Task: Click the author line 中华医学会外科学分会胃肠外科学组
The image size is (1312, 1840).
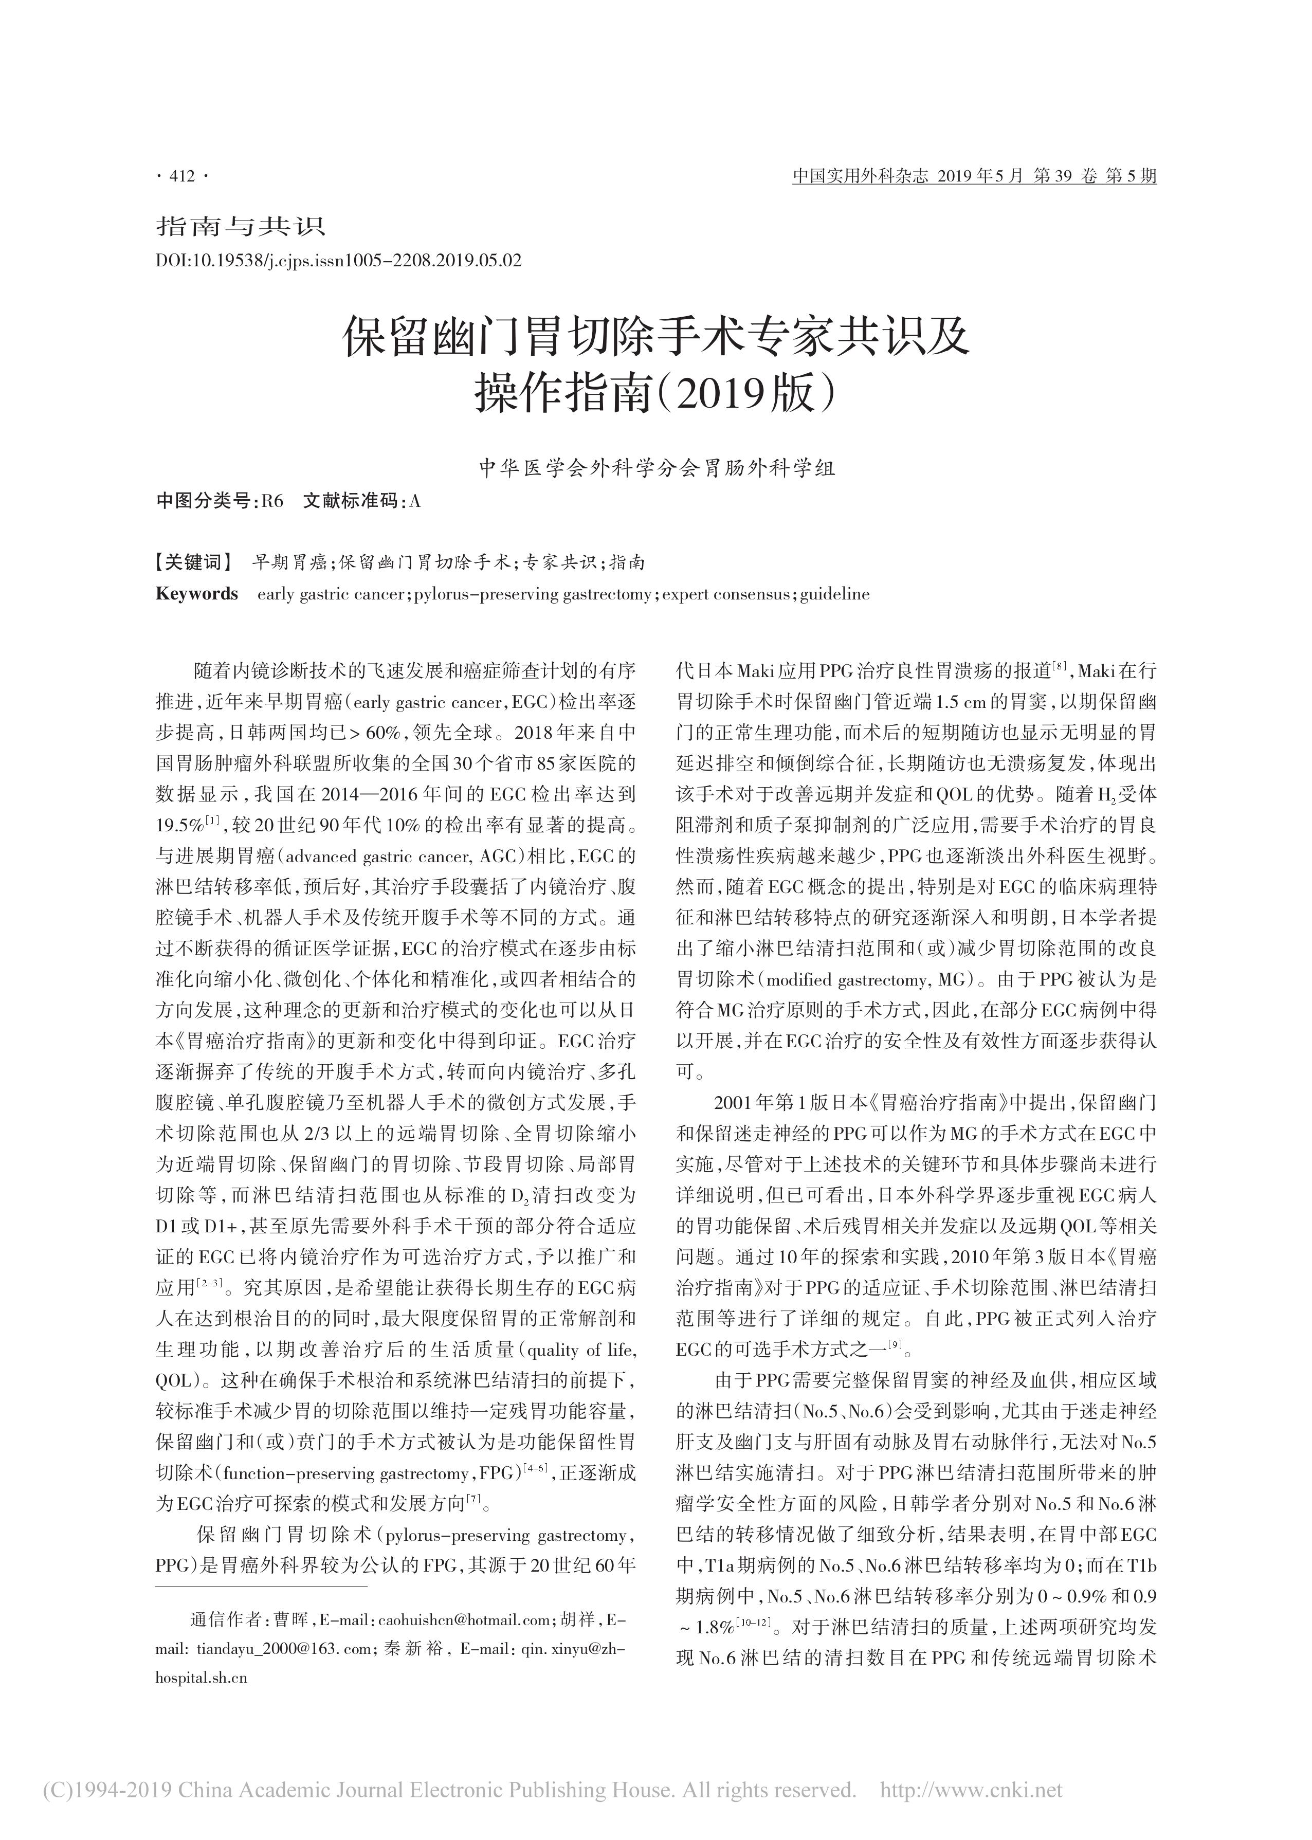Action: point(656,468)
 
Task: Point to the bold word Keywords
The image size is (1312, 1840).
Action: point(196,594)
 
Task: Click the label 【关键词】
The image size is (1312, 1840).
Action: point(193,562)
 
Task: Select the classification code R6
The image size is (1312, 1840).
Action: point(273,502)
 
